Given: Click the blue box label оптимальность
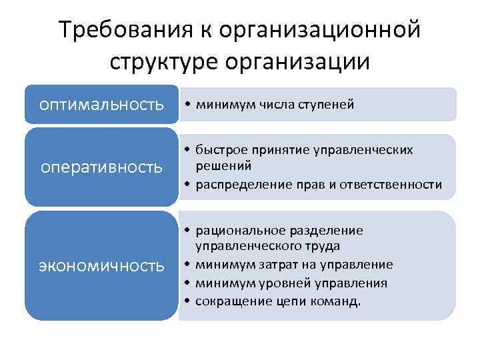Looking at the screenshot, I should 101,104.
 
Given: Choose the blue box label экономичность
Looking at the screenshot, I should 101,265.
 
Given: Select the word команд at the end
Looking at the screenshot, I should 341,301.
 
